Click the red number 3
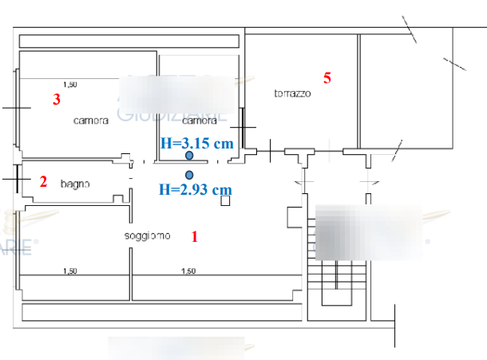tap(56, 100)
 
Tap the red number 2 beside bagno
tap(43, 182)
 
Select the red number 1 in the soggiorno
tap(194, 236)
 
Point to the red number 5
tap(327, 77)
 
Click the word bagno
tap(75, 184)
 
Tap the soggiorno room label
tap(147, 235)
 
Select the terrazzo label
tap(292, 93)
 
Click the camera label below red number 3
tap(90, 121)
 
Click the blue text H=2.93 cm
tap(195, 190)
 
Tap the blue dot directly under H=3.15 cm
tap(189, 157)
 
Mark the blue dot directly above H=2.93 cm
tap(189, 175)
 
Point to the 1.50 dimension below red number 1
tap(188, 271)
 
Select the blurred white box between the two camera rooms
tap(177, 94)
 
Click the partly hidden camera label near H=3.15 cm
tap(199, 122)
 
